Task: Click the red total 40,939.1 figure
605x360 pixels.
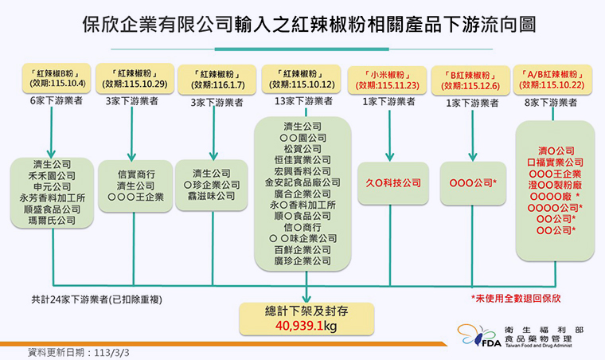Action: click(299, 326)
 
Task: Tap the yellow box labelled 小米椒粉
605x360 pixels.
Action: click(387, 80)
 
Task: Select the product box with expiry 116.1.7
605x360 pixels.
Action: click(217, 80)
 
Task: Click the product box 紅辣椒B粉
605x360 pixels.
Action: click(57, 78)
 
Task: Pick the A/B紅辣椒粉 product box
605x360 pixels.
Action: click(552, 80)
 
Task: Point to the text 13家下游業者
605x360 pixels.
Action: click(303, 101)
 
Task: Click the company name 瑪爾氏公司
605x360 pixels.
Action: click(52, 221)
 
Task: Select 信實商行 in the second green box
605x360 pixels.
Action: click(136, 174)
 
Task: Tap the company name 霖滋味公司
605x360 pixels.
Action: click(212, 196)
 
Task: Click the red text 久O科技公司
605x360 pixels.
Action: click(393, 182)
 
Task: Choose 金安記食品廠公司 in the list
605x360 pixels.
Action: click(302, 182)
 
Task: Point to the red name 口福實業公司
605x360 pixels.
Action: click(555, 162)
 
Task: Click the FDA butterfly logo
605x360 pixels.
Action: click(478, 335)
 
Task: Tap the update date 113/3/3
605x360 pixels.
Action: click(111, 353)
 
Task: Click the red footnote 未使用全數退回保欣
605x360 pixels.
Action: click(516, 298)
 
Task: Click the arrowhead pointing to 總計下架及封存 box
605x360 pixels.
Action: click(306, 299)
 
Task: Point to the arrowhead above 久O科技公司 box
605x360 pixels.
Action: click(390, 157)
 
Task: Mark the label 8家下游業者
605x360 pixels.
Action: click(551, 103)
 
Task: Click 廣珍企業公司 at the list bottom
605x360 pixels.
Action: click(302, 260)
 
